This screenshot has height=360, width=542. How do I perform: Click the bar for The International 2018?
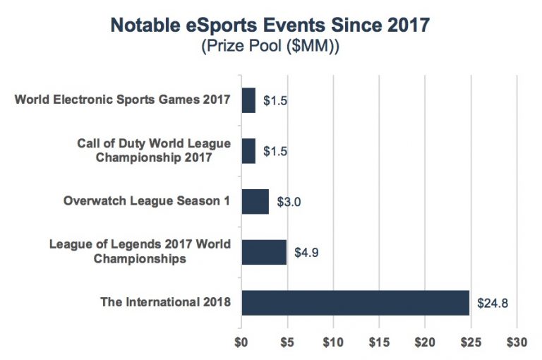[355, 302]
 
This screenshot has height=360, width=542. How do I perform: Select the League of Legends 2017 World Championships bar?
[263, 252]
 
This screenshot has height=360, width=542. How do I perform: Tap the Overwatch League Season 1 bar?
[255, 201]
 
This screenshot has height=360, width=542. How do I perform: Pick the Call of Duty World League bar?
[248, 150]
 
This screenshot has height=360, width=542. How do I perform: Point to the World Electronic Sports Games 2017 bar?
[248, 100]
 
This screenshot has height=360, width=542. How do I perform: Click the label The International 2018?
[167, 303]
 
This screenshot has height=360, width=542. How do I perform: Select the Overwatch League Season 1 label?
[147, 201]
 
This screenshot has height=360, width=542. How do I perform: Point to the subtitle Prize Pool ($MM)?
[270, 48]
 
